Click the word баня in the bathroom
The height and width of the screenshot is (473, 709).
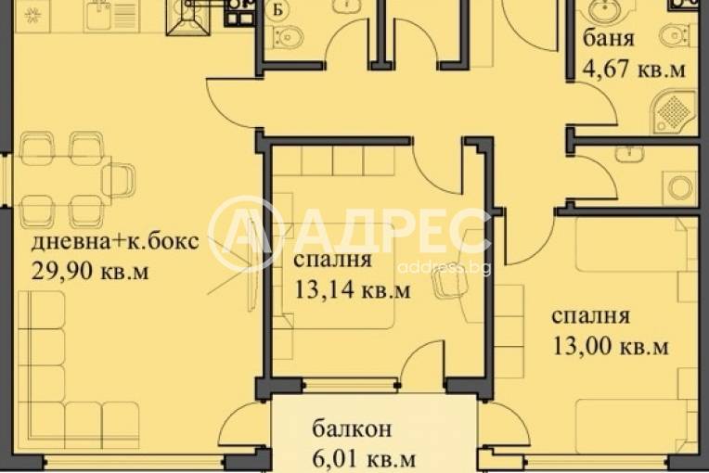[609, 40]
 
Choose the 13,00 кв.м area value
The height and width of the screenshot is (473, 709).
[608, 347]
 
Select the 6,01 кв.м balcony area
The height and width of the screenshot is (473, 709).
[362, 457]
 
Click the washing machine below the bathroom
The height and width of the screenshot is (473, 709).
[682, 185]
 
